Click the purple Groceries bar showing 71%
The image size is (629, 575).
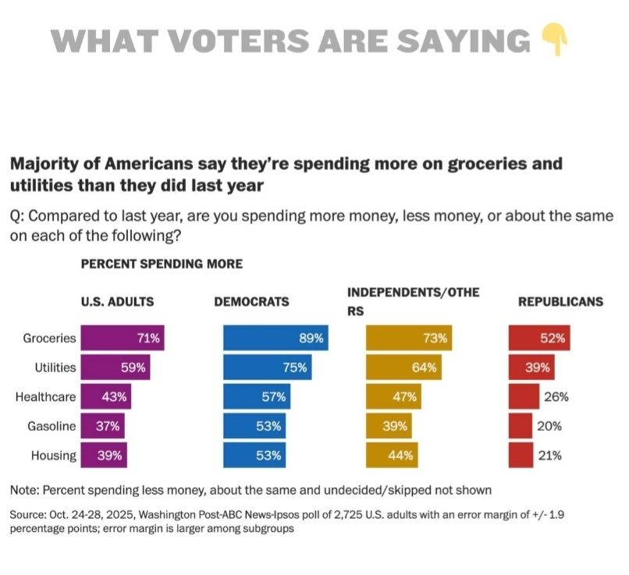(x=123, y=339)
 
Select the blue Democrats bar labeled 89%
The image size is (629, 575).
(x=275, y=339)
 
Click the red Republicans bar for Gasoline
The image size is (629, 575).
(x=521, y=426)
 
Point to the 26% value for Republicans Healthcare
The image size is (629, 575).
(x=555, y=397)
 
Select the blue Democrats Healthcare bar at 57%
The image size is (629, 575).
(x=258, y=397)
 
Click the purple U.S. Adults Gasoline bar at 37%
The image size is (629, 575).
(x=102, y=426)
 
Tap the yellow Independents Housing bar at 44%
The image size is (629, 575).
(x=393, y=456)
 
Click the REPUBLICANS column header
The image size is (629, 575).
(x=561, y=302)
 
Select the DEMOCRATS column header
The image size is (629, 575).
(x=251, y=302)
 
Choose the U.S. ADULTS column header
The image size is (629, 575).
(x=117, y=302)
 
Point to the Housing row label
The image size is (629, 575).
(x=53, y=456)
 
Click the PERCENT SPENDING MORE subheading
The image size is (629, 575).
(x=162, y=264)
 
